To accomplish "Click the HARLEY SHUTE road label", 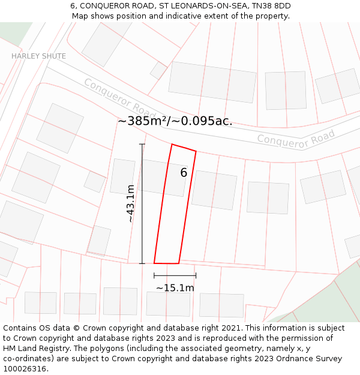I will coord(38,56).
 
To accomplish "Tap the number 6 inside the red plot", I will coord(184,173).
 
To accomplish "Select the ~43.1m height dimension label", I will coord(131,203).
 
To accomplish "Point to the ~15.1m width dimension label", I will coord(175,288).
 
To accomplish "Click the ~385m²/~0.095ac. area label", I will coord(175,121).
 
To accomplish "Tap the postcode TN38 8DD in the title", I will coord(269,6).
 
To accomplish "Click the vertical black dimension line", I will coord(142,203).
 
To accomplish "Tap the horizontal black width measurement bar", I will coord(175,275).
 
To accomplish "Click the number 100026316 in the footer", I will coord(26,369).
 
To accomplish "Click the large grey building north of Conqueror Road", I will coord(212,82).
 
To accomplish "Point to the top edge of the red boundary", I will coord(184,148).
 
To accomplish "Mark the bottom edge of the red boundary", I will coord(166,263).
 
